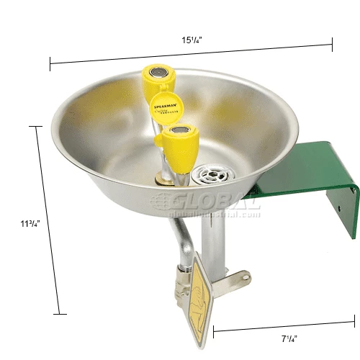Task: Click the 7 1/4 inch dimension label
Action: [x=288, y=336]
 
